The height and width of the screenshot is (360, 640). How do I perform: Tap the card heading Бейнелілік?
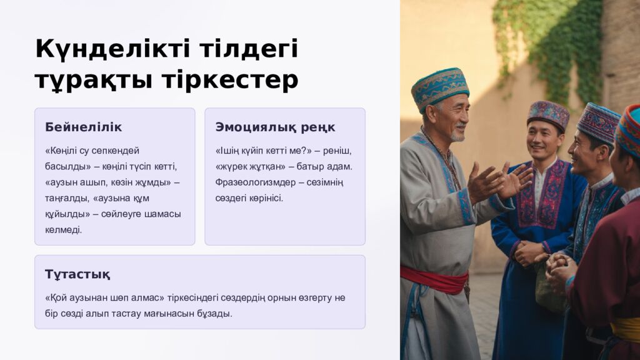(83, 127)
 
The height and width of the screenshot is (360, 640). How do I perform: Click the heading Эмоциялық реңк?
(275, 127)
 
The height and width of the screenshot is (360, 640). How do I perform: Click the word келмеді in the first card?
(63, 230)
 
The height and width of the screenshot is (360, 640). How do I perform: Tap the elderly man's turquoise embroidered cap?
(439, 87)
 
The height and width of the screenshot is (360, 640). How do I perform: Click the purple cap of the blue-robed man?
(548, 114)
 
